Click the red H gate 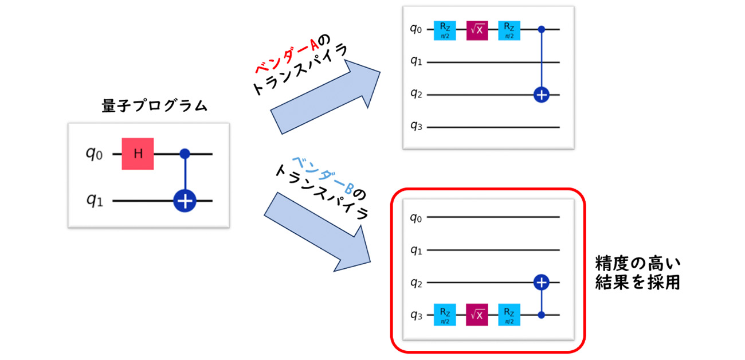pyautogui.click(x=138, y=154)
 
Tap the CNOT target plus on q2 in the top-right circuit pyautogui.click(x=540, y=95)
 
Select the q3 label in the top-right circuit pyautogui.click(x=417, y=127)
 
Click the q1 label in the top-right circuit pyautogui.click(x=417, y=61)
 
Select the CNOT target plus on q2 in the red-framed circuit pyautogui.click(x=540, y=282)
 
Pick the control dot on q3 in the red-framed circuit pyautogui.click(x=540, y=315)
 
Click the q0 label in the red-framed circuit pyautogui.click(x=417, y=217)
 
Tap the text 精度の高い pyautogui.click(x=638, y=264)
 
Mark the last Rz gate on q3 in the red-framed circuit pyautogui.click(x=509, y=315)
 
